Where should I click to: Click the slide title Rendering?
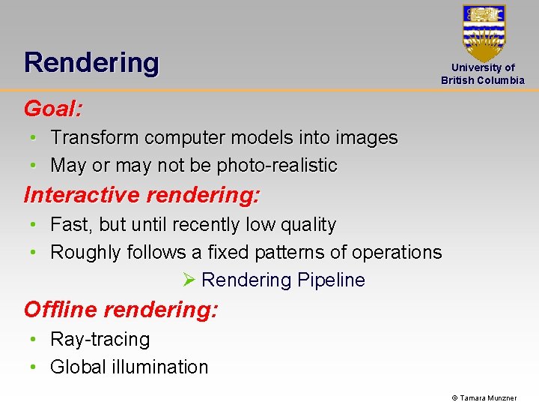click(x=91, y=62)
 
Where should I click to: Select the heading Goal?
click(x=53, y=109)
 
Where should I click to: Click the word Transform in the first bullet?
click(x=95, y=138)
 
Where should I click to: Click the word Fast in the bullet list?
click(x=68, y=225)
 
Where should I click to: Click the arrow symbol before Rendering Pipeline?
click(x=189, y=280)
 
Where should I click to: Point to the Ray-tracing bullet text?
click(x=100, y=340)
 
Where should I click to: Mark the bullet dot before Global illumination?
click(x=34, y=367)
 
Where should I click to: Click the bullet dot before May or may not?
click(x=34, y=166)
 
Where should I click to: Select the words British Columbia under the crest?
click(x=483, y=80)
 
